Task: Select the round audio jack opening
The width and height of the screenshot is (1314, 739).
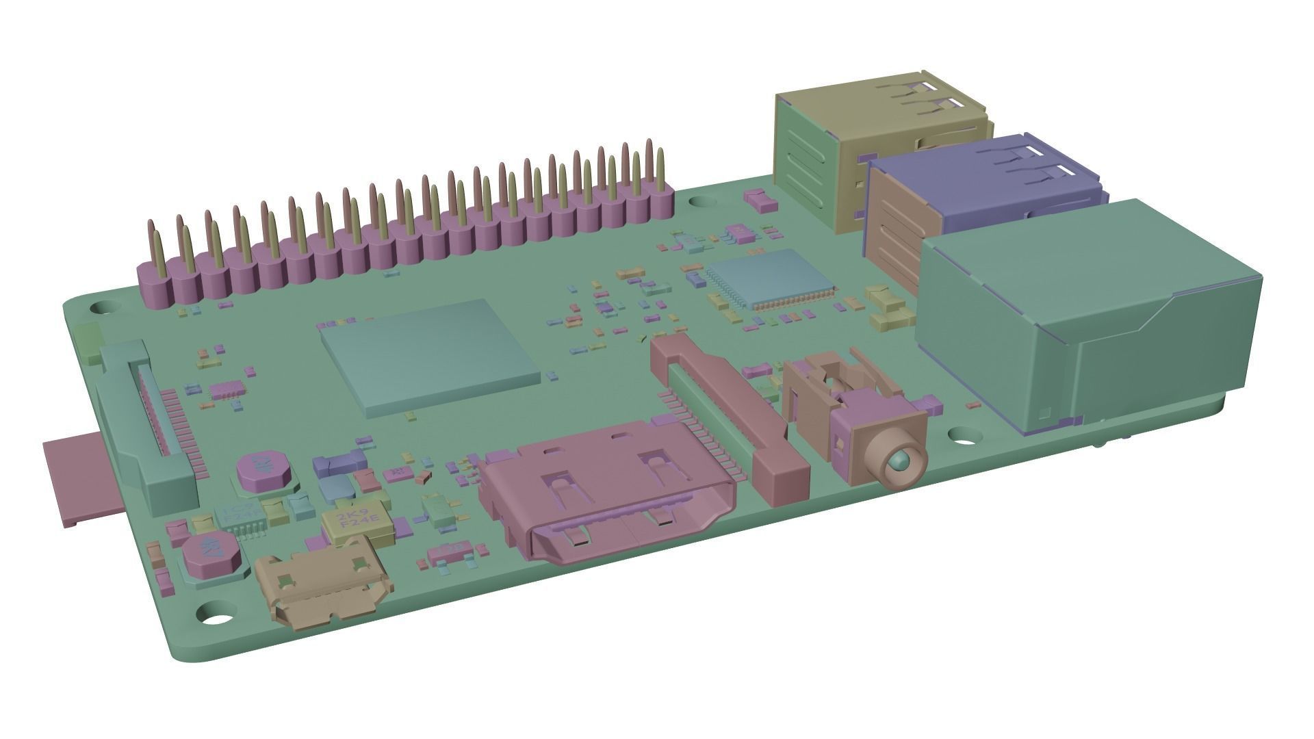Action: (x=898, y=465)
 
